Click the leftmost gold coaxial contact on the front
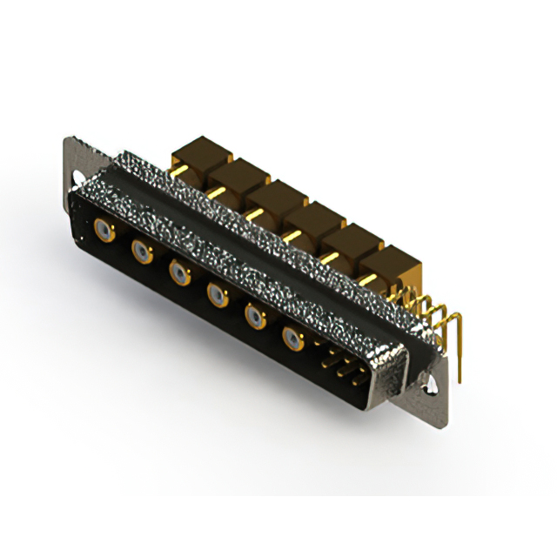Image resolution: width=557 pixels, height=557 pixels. [x=104, y=231]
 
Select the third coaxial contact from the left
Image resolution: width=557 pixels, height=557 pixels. [x=179, y=274]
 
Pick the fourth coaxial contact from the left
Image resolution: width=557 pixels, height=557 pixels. [x=216, y=295]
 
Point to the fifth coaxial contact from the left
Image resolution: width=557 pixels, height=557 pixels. [x=254, y=316]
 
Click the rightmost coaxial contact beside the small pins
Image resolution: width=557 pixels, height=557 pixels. [x=292, y=339]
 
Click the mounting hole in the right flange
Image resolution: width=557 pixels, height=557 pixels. [x=431, y=379]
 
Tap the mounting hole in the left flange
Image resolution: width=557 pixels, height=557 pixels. [x=73, y=158]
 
